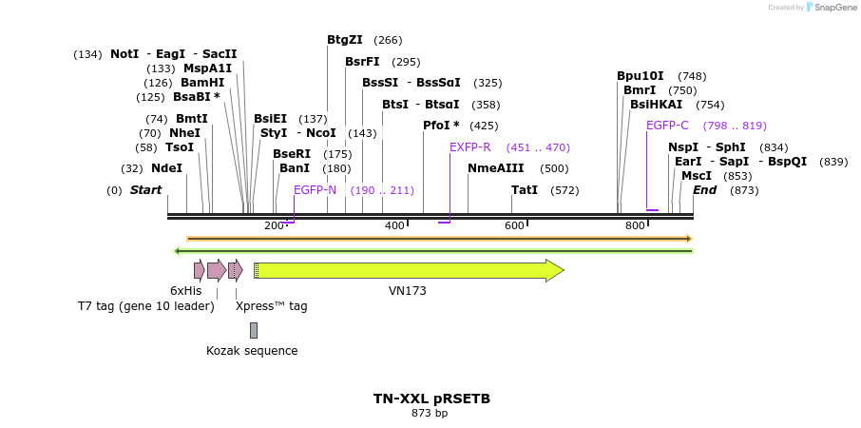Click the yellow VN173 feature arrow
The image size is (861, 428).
coord(409,270)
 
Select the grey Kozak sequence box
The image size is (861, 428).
coord(254,330)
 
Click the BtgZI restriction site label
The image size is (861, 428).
coord(345,40)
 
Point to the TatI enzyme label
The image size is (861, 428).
coord(525,190)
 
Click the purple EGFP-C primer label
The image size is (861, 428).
coord(667,126)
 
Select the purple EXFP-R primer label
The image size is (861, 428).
coord(470,147)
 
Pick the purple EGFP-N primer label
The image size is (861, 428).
coord(315,190)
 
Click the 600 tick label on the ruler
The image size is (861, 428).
coord(515,225)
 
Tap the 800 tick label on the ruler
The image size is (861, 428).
coord(635,225)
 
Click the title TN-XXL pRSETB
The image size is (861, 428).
coord(430,399)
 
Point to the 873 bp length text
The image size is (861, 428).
coord(430,414)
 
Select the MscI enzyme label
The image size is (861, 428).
coord(697,176)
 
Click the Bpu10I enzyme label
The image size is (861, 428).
coord(641,76)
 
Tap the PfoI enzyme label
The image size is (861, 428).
coord(441,126)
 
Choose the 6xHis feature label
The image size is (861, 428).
coord(186,291)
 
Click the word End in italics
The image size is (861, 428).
coord(705,190)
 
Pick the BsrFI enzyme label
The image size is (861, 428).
coord(362,62)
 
